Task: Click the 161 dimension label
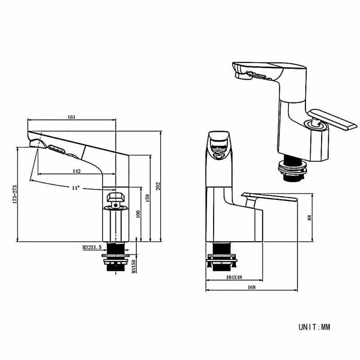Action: (72, 117)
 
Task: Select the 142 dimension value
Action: (76, 171)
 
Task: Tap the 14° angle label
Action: (76, 188)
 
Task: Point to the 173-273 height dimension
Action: (15, 194)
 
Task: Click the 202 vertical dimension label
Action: (158, 186)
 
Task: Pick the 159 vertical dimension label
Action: (148, 198)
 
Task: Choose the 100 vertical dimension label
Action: (138, 214)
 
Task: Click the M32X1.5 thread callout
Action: (92, 247)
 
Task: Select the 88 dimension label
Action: (310, 218)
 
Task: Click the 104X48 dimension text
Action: (234, 277)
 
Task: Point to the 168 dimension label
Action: (252, 287)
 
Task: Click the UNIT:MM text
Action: (314, 327)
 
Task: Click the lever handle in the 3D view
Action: (332, 120)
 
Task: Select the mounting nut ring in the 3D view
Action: (292, 169)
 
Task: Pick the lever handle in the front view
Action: (269, 197)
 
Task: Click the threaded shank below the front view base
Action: (221, 256)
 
